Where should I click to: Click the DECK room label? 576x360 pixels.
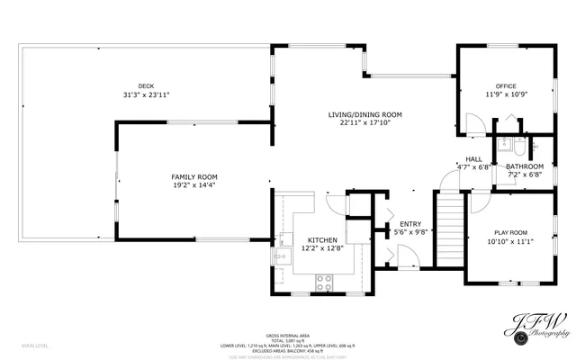[146, 85]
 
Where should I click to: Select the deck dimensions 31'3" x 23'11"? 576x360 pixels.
[146, 94]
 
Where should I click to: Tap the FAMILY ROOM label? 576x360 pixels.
[194, 176]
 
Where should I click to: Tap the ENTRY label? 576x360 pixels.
[409, 224]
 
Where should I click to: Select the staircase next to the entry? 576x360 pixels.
[448, 231]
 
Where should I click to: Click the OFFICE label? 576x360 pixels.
[505, 85]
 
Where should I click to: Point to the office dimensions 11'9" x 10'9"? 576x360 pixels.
[505, 94]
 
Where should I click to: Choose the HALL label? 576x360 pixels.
[473, 158]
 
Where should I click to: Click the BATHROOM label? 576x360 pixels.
[524, 166]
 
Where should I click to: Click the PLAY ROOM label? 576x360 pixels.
[509, 232]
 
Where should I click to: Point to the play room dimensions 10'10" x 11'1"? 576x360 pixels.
[509, 241]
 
